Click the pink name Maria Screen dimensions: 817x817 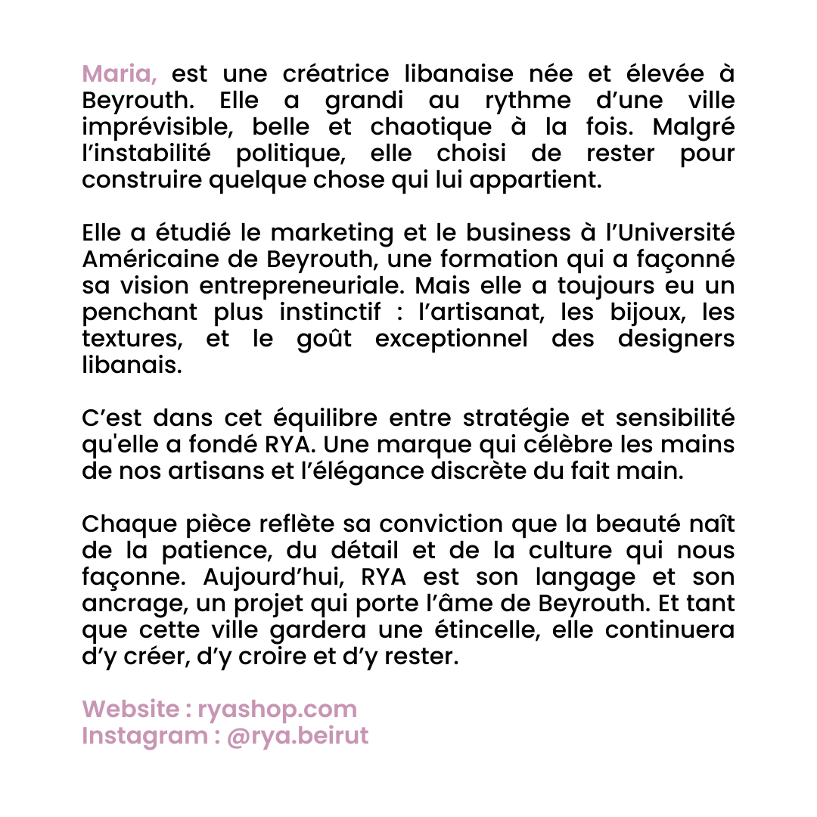(x=118, y=75)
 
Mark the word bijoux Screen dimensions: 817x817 (x=643, y=312)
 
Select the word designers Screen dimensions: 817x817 (x=676, y=339)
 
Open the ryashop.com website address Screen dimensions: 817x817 (x=277, y=710)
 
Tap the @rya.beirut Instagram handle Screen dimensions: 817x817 (x=297, y=736)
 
